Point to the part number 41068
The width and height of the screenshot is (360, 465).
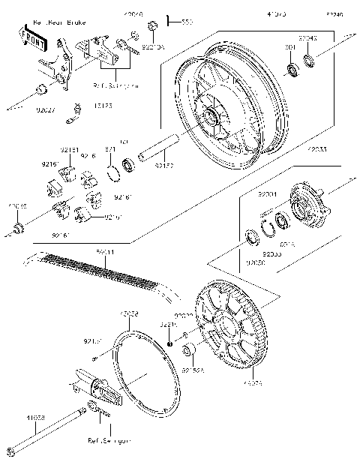click(x=35, y=418)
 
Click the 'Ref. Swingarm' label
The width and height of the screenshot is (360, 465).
click(x=109, y=442)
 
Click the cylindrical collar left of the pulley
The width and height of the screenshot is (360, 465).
click(x=190, y=351)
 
